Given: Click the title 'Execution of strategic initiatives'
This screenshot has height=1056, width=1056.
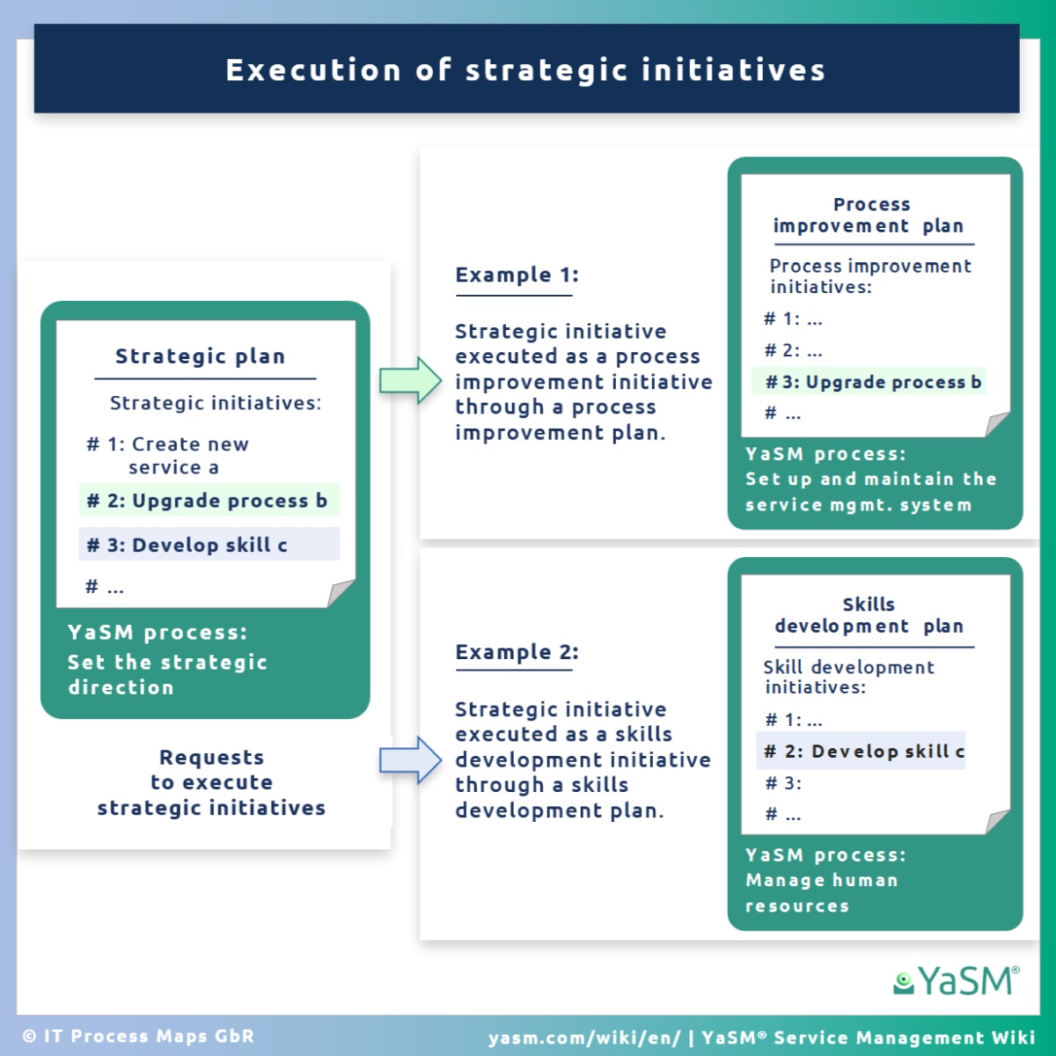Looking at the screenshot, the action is point(525,70).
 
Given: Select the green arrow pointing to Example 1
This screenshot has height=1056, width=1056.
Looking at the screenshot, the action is point(410,380).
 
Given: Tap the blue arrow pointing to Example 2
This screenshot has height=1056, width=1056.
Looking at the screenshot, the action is point(410,760).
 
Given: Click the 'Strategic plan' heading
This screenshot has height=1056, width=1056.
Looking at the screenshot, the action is point(200,356).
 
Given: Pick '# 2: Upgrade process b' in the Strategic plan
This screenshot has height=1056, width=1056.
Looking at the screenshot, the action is point(207,501).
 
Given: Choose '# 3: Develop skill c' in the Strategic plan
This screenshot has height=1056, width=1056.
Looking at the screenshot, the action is point(187,545).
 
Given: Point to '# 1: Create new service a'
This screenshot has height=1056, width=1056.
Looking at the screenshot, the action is point(168,455).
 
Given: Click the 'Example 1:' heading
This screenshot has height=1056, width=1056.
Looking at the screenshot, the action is point(517,275).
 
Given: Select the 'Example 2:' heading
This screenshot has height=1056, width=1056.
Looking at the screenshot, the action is point(517,651).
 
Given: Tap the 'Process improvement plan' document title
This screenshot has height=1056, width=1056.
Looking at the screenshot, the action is point(869,216).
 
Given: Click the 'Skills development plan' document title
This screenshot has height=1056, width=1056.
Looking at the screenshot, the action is point(869,615).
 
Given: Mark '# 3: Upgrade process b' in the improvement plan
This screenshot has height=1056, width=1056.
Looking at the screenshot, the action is point(873,382).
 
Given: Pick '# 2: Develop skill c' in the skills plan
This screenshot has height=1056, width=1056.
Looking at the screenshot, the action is point(865,752).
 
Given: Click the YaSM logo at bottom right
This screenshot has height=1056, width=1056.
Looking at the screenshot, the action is point(957,980).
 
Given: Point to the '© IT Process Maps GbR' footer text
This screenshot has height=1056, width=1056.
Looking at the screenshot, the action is point(139,1036).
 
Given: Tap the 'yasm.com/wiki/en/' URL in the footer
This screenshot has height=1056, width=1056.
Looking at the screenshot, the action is point(584,1038).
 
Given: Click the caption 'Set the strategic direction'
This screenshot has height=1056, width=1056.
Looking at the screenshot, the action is point(168,675).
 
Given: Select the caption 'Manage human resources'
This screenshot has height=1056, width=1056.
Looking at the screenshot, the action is point(822,892).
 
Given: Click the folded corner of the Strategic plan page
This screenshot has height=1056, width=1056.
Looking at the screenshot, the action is point(341,593).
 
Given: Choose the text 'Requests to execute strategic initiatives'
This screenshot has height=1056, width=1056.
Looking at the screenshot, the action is point(211,782).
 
